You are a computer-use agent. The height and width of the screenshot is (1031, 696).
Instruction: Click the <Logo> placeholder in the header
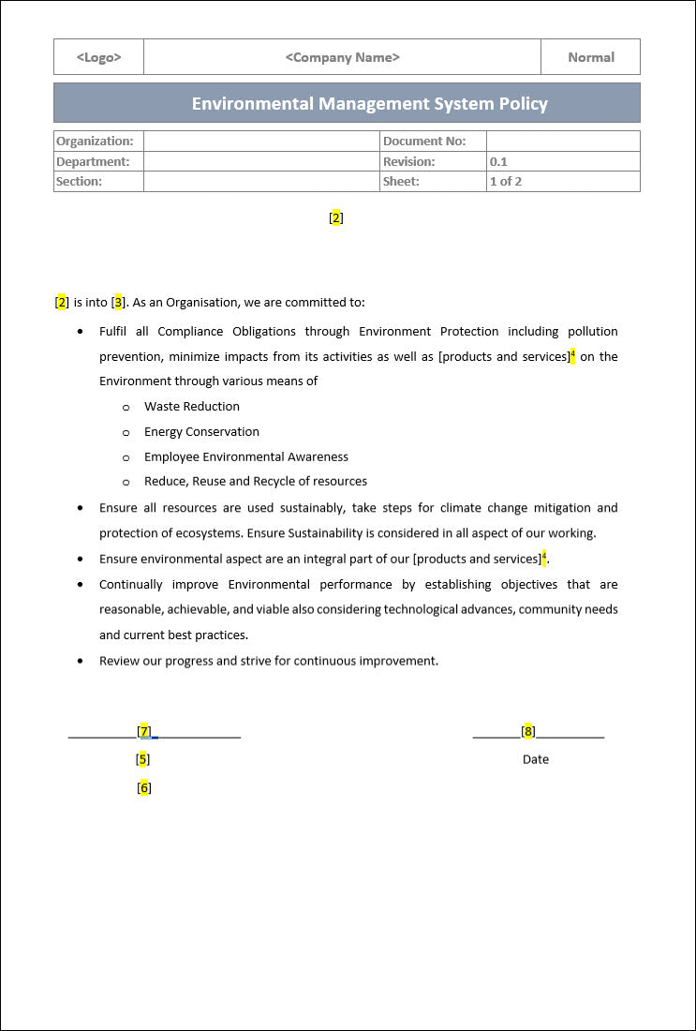98,57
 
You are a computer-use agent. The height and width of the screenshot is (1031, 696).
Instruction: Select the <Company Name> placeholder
342,57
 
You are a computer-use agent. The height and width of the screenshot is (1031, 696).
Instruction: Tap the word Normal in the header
590,57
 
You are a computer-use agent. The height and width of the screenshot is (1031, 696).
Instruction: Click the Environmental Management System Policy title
369,103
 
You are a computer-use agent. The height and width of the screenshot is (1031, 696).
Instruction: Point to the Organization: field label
95,141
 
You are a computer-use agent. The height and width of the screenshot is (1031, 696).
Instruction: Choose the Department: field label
93,161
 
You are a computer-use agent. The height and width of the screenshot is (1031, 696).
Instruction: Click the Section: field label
80,181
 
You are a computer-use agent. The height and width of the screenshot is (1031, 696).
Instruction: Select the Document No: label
423,141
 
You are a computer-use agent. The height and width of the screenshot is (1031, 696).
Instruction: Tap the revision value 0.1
498,161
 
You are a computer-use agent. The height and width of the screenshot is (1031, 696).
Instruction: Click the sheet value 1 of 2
505,181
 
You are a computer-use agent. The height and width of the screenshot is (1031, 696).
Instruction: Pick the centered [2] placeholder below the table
336,217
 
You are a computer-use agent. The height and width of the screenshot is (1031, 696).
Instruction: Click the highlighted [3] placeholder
118,302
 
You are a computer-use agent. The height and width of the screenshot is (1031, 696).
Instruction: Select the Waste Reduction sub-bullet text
191,406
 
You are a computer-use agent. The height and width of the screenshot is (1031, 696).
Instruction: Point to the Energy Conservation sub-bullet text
201,431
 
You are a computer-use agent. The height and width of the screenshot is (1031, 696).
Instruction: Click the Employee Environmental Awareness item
245,456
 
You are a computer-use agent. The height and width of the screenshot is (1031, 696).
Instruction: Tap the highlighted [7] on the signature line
143,731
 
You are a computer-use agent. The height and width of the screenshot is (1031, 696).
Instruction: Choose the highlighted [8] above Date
528,731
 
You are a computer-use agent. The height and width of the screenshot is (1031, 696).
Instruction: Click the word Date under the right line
535,759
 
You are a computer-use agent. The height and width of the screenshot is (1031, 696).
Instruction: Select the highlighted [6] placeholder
143,787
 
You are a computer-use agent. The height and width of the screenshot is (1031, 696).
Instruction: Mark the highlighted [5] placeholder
142,759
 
